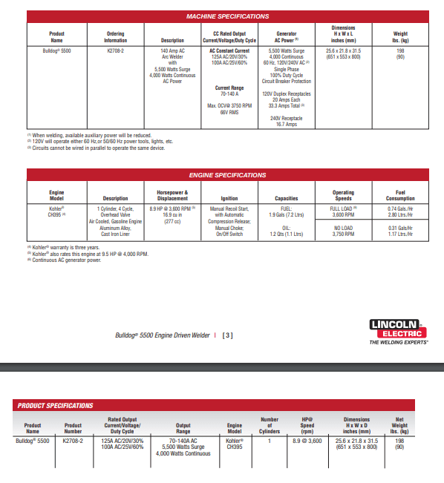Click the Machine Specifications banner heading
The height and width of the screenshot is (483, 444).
226,15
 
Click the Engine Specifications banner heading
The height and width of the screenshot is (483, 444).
226,175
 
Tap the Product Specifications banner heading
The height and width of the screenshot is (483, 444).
55,406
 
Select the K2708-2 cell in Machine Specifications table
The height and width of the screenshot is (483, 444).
116,50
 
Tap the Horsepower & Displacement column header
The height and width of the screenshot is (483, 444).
172,195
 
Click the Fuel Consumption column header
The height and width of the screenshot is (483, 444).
400,195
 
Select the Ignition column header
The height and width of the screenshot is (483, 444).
230,198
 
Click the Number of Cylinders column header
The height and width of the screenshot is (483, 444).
270,425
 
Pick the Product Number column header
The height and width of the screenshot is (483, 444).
74,428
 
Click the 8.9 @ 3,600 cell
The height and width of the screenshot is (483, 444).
306,441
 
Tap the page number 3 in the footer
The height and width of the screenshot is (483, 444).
227,335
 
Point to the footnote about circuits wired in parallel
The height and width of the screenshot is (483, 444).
97,148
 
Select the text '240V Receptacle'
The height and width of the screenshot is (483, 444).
287,119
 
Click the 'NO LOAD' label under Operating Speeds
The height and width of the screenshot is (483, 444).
343,227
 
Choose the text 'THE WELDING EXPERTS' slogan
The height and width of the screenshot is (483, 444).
399,343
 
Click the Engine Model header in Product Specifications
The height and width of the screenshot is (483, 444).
234,428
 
